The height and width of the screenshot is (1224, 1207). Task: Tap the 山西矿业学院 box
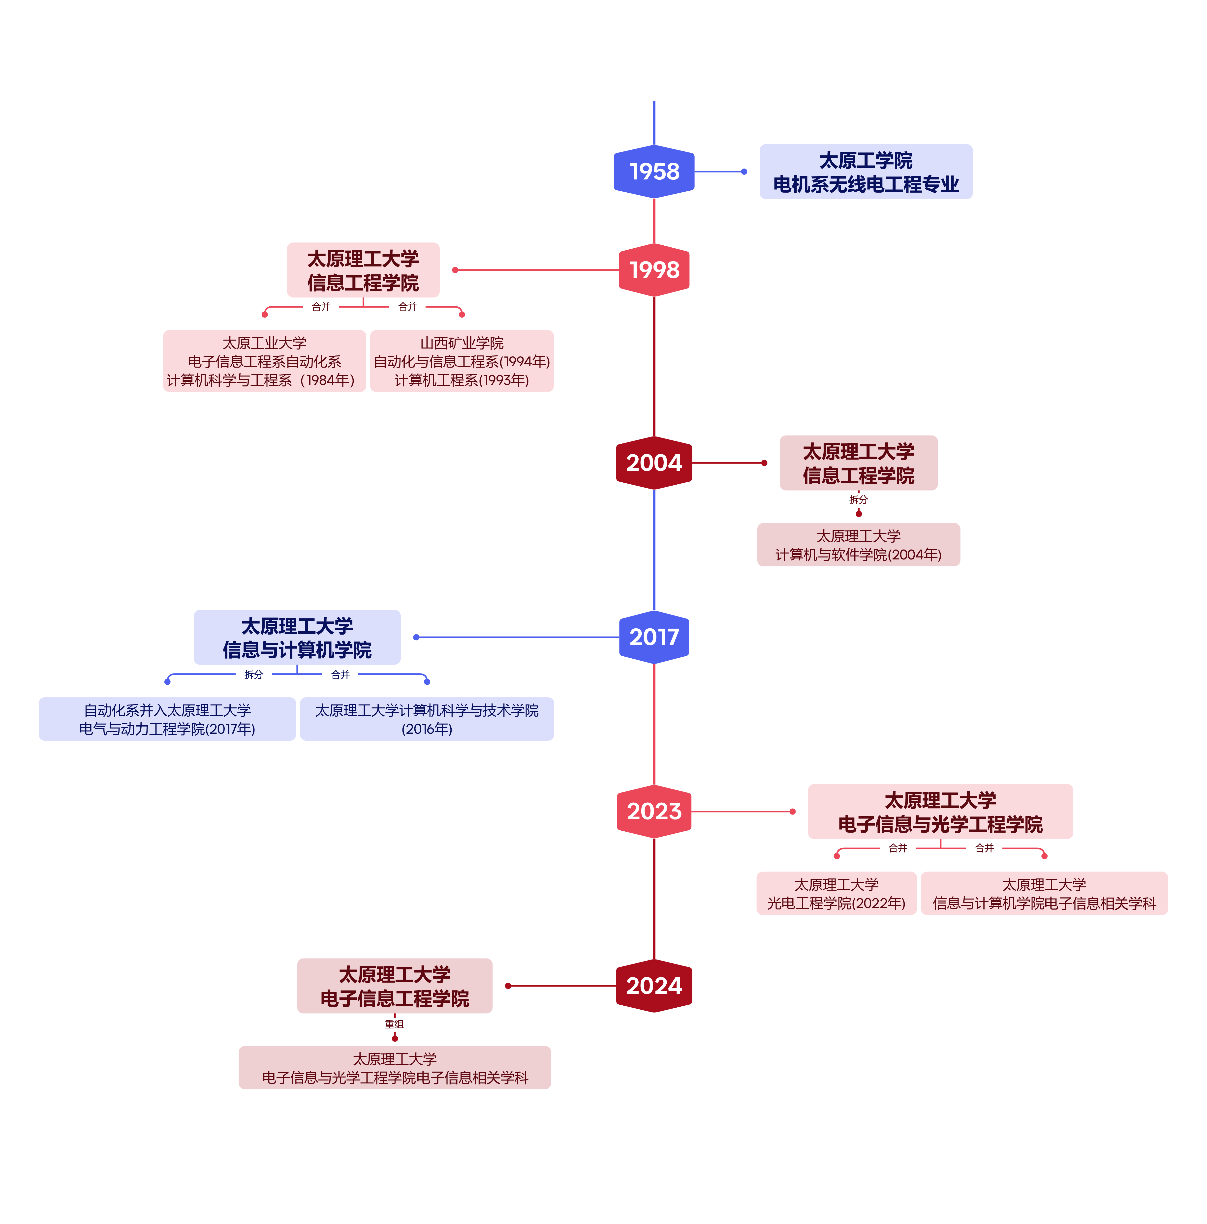[462, 361]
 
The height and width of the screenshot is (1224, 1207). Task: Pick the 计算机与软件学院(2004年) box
[858, 545]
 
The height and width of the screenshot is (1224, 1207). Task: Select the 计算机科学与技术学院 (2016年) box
[427, 719]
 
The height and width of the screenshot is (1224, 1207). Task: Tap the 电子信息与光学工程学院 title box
[940, 812]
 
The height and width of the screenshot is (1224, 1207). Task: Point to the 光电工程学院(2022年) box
[836, 893]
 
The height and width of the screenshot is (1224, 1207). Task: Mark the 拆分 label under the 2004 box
[858, 500]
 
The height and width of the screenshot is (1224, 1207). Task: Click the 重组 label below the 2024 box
[394, 1024]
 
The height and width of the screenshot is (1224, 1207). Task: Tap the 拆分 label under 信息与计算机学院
[253, 675]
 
